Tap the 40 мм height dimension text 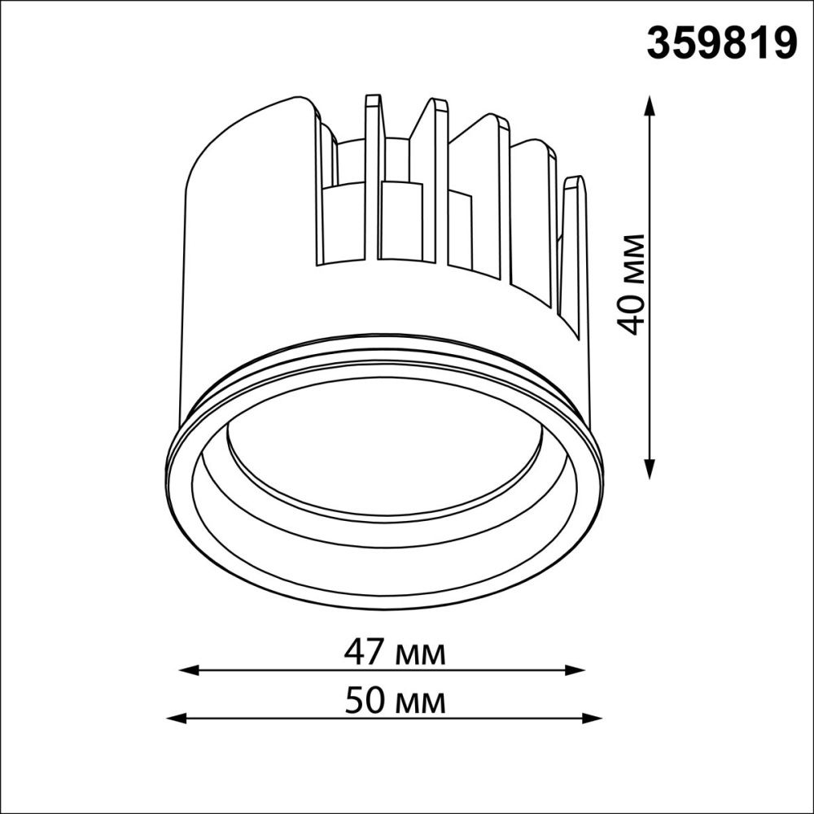(632, 284)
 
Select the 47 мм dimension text (394, 652)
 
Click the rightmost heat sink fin (575, 252)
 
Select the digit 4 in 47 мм (354, 652)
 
